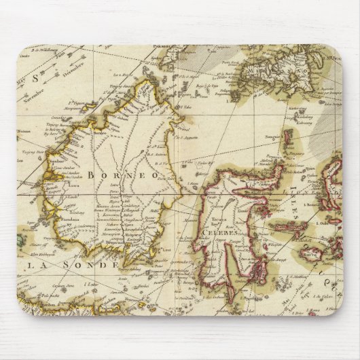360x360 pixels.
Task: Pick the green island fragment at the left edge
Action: (20, 240)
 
